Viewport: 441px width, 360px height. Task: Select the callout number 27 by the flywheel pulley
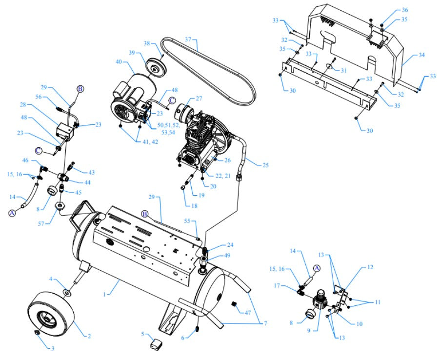(x=198, y=99)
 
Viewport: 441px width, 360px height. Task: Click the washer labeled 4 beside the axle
(x=66, y=293)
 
